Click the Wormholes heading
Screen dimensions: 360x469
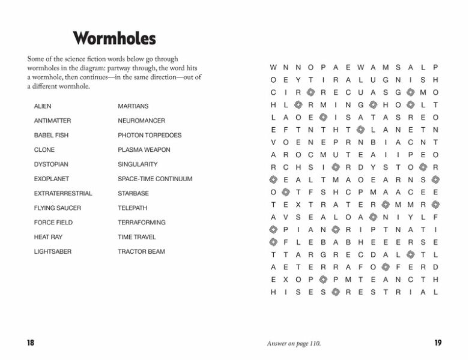114,39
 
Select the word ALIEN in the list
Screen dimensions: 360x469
43,106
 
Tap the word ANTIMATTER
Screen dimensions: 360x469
52,121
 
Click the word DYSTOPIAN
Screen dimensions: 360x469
51,164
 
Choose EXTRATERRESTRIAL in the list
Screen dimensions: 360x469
63,193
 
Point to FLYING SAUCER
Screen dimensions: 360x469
57,208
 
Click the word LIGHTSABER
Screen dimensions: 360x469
52,252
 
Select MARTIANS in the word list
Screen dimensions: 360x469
133,106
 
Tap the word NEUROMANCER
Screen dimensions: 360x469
141,121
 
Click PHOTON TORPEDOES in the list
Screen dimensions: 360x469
150,135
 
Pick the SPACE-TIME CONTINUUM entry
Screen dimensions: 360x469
155,179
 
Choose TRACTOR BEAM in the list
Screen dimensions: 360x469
141,252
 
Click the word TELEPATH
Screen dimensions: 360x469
132,208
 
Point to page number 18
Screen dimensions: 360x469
30,343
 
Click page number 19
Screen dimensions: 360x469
438,343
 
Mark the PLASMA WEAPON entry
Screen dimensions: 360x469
144,150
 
